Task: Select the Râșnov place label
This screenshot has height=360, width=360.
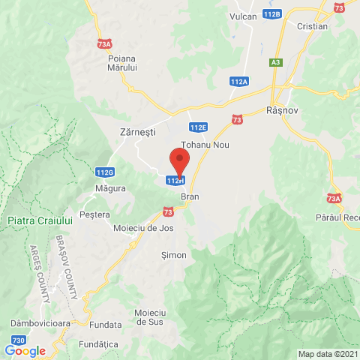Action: (282, 109)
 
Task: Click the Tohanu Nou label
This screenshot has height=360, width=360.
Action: (205, 144)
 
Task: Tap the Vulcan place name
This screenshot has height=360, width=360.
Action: (243, 16)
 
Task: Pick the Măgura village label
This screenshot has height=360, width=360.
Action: (110, 188)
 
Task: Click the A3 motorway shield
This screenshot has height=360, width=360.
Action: (277, 61)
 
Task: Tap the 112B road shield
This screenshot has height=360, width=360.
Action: (272, 14)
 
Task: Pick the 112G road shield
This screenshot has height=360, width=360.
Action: (105, 172)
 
